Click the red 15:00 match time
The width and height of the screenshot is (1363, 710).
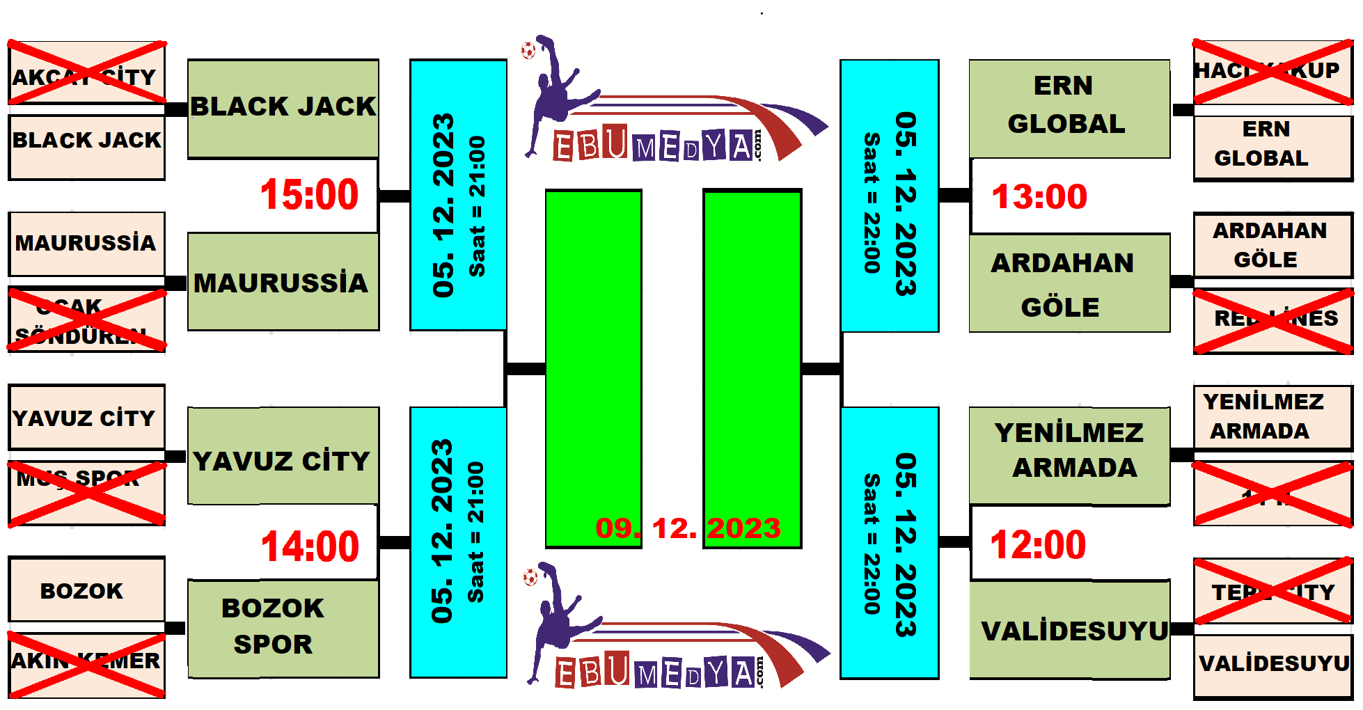[x=309, y=194]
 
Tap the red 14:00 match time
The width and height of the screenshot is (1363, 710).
[x=310, y=546]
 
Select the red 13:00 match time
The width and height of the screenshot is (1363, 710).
[x=1039, y=196]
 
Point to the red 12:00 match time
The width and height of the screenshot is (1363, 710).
[x=1038, y=544]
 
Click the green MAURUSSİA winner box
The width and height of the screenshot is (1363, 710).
[x=283, y=282]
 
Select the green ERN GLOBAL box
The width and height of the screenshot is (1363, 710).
[x=1069, y=108]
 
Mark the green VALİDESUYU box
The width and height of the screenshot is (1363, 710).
[x=1069, y=629]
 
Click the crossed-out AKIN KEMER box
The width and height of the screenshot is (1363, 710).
[x=87, y=664]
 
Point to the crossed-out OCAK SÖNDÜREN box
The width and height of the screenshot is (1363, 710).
[x=87, y=321]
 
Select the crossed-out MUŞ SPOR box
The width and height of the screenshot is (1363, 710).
[x=87, y=492]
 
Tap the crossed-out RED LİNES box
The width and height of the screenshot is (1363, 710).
[x=1273, y=321]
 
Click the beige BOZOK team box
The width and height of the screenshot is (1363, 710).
[x=87, y=590]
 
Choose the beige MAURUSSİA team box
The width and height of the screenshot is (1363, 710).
[x=87, y=244]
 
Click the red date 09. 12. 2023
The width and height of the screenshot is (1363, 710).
[x=688, y=528]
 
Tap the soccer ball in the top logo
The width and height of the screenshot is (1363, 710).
[x=528, y=50]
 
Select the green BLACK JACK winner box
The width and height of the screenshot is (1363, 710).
[x=283, y=108]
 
